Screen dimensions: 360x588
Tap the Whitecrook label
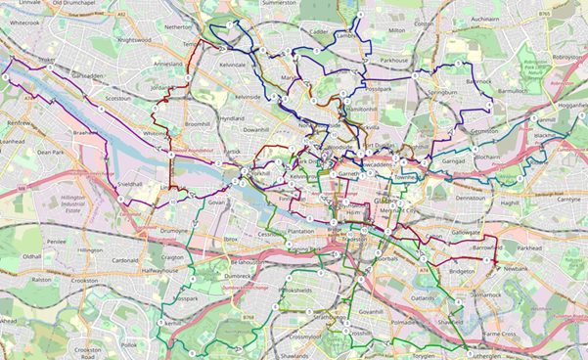coord(21,22)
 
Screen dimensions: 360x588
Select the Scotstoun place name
coord(117,98)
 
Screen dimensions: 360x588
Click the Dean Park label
coord(50,153)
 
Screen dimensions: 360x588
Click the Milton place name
coord(396,30)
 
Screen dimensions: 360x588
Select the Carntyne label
coord(569,199)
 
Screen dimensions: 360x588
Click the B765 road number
coord(558,14)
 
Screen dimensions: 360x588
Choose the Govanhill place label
coord(377,312)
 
